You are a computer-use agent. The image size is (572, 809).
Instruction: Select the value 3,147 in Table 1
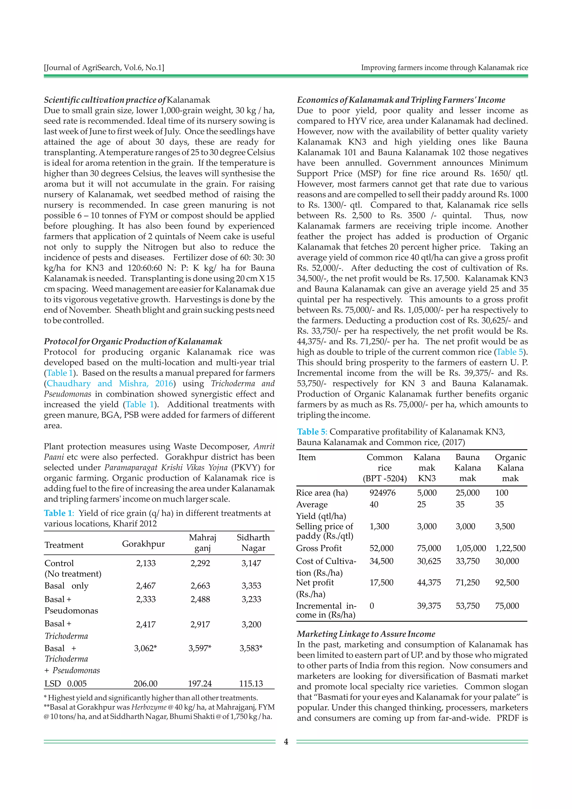click(x=251, y=563)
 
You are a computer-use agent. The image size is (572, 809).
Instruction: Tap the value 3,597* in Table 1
click(x=200, y=648)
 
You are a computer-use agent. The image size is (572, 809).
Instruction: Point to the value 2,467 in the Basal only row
click(x=146, y=586)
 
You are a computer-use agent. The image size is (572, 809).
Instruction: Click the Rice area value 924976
click(x=383, y=492)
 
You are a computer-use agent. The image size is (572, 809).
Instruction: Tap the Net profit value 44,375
click(x=429, y=582)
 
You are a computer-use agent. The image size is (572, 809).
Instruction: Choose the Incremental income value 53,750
click(x=467, y=606)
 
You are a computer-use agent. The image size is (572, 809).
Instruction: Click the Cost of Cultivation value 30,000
click(x=507, y=561)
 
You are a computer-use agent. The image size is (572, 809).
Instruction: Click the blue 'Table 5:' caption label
click(x=312, y=432)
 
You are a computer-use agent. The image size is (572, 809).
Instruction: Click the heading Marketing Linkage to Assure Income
click(x=366, y=634)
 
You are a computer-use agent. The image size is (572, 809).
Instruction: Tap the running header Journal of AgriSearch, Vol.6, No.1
click(x=104, y=67)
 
